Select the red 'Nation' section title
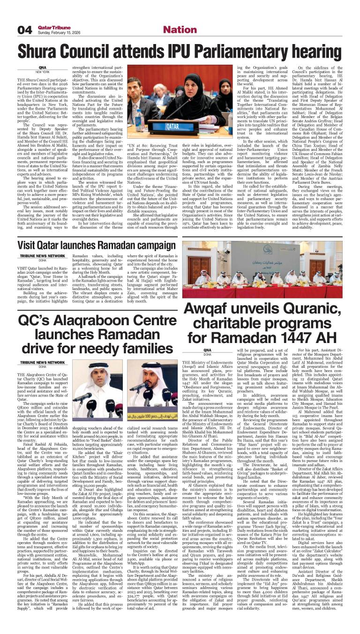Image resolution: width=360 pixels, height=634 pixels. pos(180,30)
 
